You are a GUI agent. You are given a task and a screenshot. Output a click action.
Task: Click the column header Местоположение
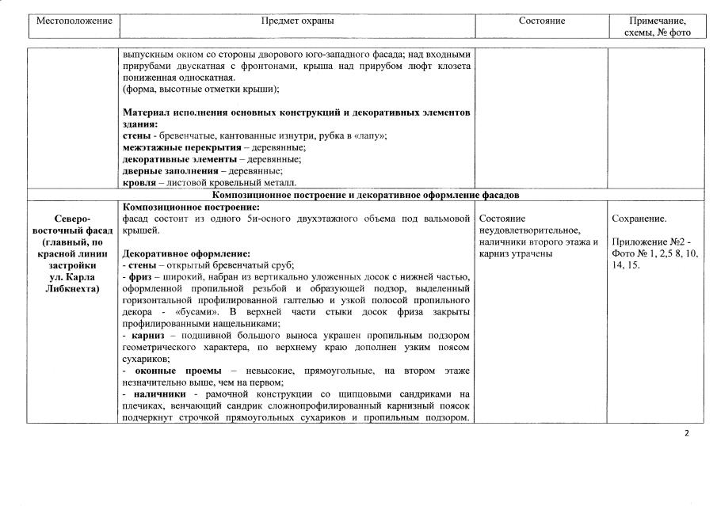pyautogui.click(x=74, y=21)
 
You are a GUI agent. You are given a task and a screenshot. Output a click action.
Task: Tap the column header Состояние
pyautogui.click(x=542, y=21)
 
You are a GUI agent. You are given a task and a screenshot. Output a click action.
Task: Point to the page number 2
pyautogui.click(x=685, y=433)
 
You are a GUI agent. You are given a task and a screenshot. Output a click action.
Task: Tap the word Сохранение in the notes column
pyautogui.click(x=639, y=218)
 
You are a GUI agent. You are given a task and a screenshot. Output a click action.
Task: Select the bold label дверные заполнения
pyautogui.click(x=168, y=171)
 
